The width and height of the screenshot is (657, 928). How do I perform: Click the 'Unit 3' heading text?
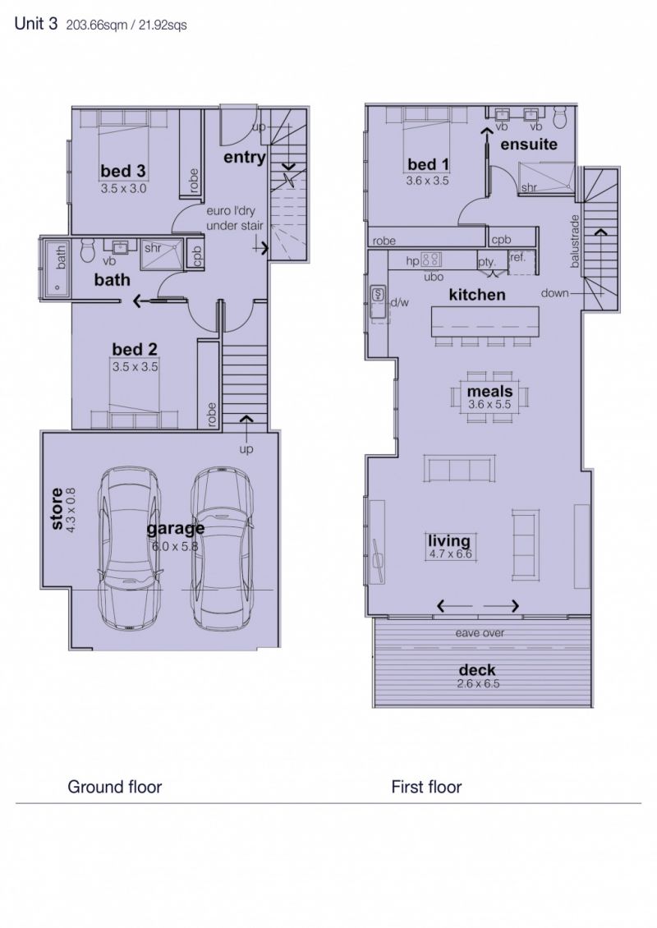35,24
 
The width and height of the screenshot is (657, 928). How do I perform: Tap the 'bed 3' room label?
123,171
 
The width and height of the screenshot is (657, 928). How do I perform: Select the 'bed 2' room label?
135,349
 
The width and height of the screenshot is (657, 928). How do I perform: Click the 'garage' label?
176,528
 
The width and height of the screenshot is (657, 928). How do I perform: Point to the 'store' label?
57,508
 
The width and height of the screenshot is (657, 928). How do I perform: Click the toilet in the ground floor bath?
88,250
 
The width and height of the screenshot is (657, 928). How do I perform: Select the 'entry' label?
245,158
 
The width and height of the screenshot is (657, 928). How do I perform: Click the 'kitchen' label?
477,294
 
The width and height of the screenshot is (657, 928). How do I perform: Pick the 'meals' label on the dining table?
489,391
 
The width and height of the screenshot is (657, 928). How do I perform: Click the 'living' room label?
449,541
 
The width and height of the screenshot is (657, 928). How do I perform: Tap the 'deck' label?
477,670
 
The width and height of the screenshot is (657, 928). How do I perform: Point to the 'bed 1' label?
428,164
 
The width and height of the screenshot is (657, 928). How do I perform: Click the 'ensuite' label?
529,144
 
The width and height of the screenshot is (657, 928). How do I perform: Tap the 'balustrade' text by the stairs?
574,241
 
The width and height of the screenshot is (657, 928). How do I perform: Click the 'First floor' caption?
426,787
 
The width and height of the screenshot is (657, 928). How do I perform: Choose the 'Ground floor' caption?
114,787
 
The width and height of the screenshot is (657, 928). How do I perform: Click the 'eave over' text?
480,632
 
